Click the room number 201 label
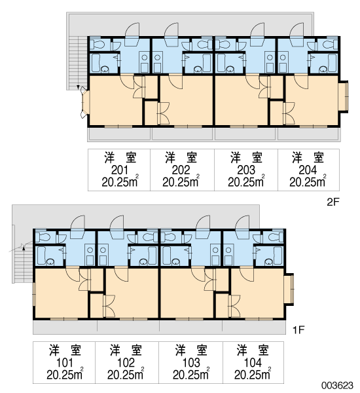click(120, 170)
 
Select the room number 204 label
click(308, 170)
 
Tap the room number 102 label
click(126, 363)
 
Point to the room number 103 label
click(191, 363)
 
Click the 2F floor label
click(333, 202)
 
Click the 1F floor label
click(298, 330)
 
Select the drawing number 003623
click(338, 385)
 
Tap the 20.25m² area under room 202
click(181, 181)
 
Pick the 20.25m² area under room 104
click(253, 374)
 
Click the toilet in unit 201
click(99, 45)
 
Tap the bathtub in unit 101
click(41, 255)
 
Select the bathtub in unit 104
click(278, 255)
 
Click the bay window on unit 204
click(344, 96)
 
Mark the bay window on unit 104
click(289, 289)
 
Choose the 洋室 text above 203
click(246, 158)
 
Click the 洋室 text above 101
click(65, 350)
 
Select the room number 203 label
click(246, 170)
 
